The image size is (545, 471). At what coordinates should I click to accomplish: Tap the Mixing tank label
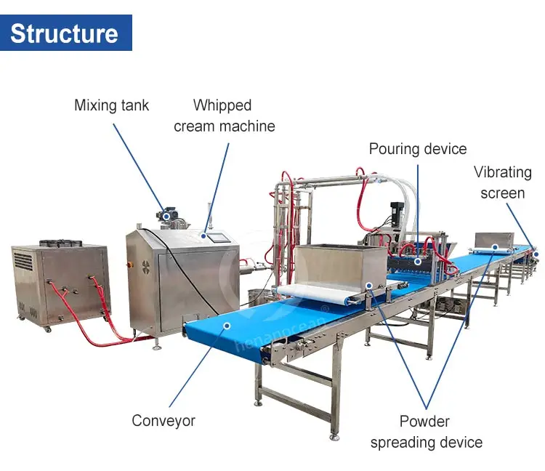111,105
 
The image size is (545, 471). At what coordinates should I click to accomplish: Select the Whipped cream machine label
224,116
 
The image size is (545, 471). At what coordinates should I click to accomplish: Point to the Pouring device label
417,149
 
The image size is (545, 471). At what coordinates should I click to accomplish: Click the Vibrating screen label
503,182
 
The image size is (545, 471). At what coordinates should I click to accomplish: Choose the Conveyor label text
163,420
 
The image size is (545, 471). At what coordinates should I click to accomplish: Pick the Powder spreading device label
426,432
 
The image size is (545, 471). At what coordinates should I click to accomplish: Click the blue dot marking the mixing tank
166,216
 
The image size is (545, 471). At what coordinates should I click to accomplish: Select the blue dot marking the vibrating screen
536,253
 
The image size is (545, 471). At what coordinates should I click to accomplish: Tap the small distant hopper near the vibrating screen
494,239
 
